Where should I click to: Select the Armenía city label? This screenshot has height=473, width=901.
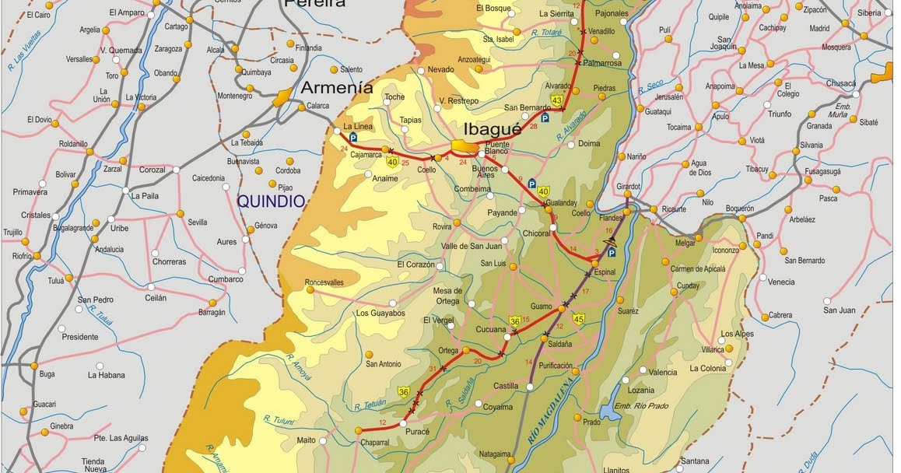pyautogui.click(x=337, y=87)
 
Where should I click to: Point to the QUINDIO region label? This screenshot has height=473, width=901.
pyautogui.click(x=271, y=201)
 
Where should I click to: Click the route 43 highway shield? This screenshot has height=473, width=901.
pyautogui.click(x=556, y=100)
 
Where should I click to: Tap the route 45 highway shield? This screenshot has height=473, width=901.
pyautogui.click(x=578, y=318)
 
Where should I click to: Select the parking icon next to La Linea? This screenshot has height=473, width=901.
pyautogui.click(x=352, y=137)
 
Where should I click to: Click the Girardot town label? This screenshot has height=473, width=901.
pyautogui.click(x=627, y=187)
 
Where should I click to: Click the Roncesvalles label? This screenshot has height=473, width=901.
pyautogui.click(x=324, y=282)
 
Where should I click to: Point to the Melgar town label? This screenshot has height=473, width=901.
pyautogui.click(x=685, y=243)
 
